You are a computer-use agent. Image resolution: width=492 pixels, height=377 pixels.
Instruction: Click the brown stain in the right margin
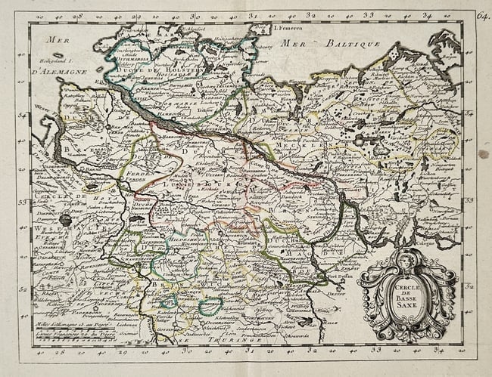483,153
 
